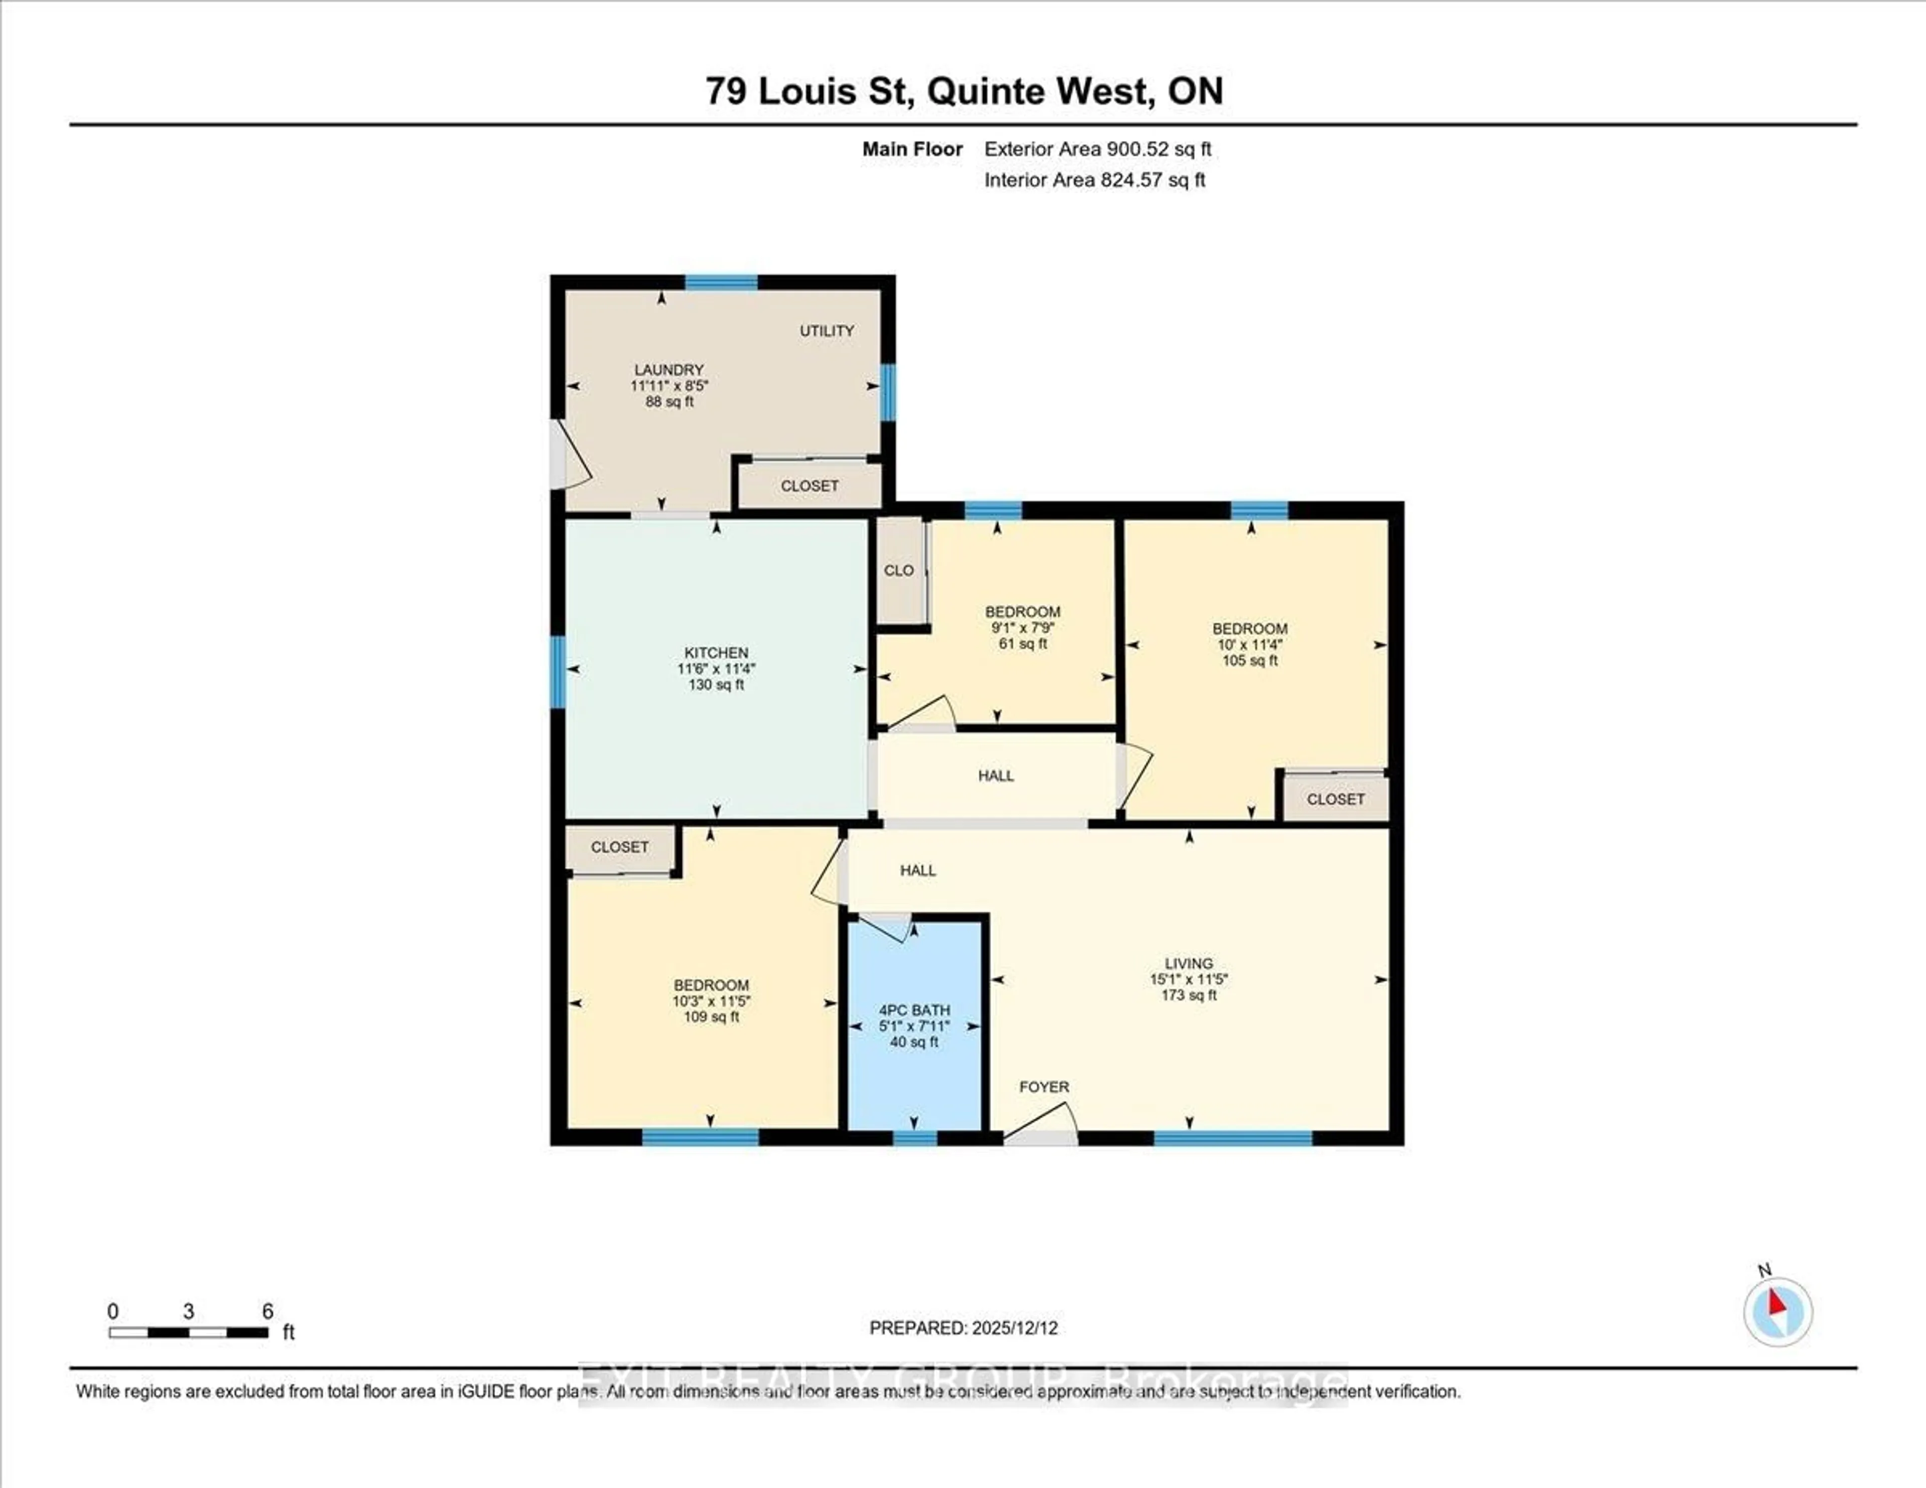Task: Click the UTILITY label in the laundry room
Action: (826, 331)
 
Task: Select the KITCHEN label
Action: (716, 653)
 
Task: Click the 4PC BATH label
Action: (914, 1010)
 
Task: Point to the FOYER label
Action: (1044, 1087)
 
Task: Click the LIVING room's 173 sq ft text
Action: (1189, 995)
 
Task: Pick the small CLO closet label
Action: (899, 571)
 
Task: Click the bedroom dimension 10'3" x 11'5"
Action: (711, 1001)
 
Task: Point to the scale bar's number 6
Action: (267, 1311)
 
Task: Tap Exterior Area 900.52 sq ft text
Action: (1097, 149)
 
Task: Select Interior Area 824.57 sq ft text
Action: (1094, 180)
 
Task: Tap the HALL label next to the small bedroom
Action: (996, 775)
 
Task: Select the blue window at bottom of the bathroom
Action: (914, 1138)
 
